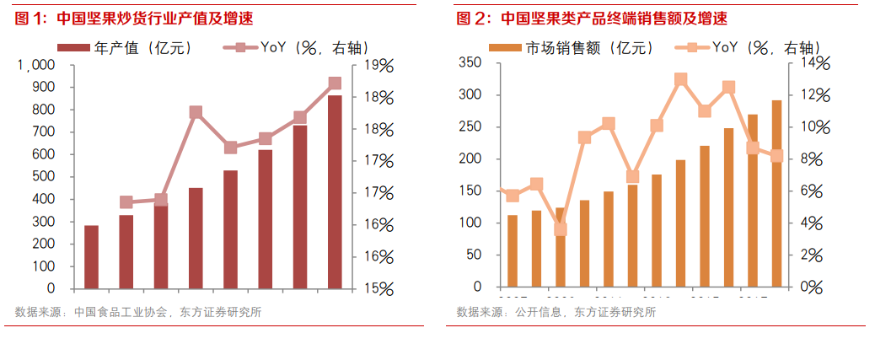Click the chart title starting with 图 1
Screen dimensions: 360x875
tap(135, 18)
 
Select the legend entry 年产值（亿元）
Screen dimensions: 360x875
tap(126, 47)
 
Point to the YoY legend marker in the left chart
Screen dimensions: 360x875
tap(241, 47)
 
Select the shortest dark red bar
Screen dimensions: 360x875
tap(91, 256)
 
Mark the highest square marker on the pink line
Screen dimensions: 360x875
tap(335, 83)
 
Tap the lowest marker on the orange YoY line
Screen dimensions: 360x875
tap(561, 229)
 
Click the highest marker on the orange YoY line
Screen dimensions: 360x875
tap(680, 80)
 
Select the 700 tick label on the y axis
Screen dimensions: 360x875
tap(43, 132)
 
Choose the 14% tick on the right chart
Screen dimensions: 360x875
tap(815, 63)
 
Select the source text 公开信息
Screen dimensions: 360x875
tap(539, 313)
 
